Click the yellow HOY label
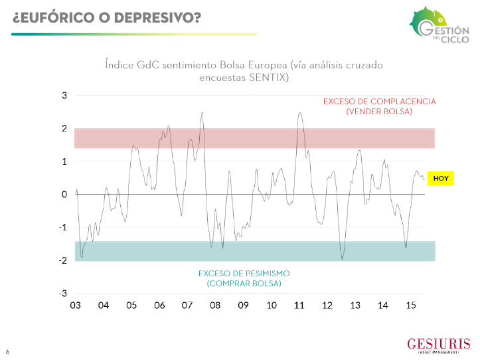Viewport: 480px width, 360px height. tap(441, 178)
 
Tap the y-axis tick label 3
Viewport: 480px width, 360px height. tap(64, 96)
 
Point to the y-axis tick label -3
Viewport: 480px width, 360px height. tap(63, 294)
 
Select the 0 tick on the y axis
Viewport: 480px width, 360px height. tap(64, 195)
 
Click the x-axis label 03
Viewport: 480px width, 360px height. tap(75, 306)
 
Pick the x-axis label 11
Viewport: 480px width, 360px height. tap(299, 306)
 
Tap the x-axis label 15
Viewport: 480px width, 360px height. tap(411, 306)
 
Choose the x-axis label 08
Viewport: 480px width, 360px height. tap(215, 306)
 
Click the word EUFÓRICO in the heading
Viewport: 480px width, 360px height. tap(52, 17)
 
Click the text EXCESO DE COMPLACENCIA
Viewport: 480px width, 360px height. tap(379, 102)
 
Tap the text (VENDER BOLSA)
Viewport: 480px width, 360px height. tap(379, 112)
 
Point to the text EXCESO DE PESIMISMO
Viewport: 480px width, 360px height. tap(244, 274)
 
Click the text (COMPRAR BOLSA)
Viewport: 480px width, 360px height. tap(244, 284)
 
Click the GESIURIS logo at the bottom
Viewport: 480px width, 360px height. tap(438, 345)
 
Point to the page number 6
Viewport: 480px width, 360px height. tap(8, 351)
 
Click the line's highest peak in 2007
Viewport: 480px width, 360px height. tap(202, 112)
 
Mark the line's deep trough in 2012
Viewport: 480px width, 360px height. tap(343, 258)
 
